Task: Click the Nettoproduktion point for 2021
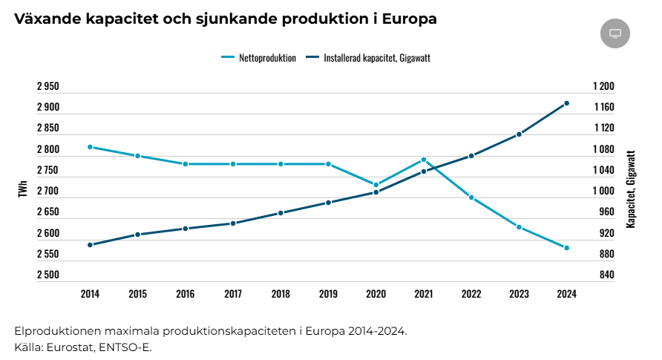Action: coord(424,160)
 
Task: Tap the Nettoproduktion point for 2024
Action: coord(566,248)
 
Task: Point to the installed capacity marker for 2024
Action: coord(566,103)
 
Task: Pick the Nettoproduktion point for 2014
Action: coord(90,147)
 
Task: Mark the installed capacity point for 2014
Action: coord(90,245)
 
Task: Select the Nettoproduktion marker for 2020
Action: coord(376,185)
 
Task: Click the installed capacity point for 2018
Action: coord(281,213)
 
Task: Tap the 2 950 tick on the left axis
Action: coord(48,87)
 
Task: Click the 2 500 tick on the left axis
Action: coord(48,275)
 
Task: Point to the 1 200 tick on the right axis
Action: coord(604,87)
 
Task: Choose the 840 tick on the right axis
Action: coord(606,275)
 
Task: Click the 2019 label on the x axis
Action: coord(328,294)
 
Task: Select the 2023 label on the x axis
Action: coord(519,294)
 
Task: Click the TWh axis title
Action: coord(23,191)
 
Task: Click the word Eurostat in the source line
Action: coord(71,347)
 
